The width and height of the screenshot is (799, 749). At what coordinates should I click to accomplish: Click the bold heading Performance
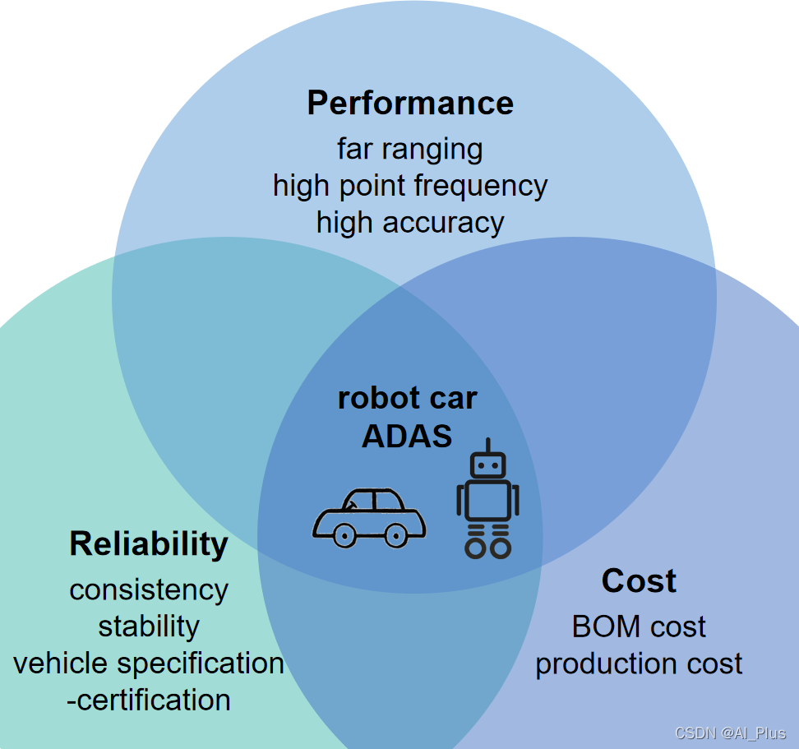[x=410, y=104]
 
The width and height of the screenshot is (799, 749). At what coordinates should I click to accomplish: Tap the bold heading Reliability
[x=149, y=544]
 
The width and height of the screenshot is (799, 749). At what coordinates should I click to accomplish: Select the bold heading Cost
[x=639, y=581]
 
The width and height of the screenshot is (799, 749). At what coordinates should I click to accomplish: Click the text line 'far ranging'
[x=409, y=149]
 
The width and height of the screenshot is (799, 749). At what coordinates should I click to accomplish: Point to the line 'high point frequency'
[x=409, y=186]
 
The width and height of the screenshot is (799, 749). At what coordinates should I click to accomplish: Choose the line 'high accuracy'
[x=409, y=222]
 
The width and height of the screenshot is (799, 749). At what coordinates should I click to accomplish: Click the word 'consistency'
[x=149, y=589]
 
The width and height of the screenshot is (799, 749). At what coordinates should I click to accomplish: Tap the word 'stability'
[x=149, y=626]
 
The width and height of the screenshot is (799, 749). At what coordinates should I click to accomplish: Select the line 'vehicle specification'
[x=149, y=663]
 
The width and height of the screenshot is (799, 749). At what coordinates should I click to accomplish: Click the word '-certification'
[x=149, y=700]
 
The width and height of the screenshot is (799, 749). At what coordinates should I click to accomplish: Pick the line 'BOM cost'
[x=639, y=627]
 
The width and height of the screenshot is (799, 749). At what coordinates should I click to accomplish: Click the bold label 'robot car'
[x=407, y=399]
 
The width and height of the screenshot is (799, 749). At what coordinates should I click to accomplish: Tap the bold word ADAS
[x=407, y=436]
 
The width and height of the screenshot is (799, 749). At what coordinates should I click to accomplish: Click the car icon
[x=369, y=518]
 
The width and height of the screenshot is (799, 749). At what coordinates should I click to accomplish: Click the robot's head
[x=487, y=465]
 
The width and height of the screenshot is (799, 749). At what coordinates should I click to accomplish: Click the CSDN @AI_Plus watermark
[x=730, y=733]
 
